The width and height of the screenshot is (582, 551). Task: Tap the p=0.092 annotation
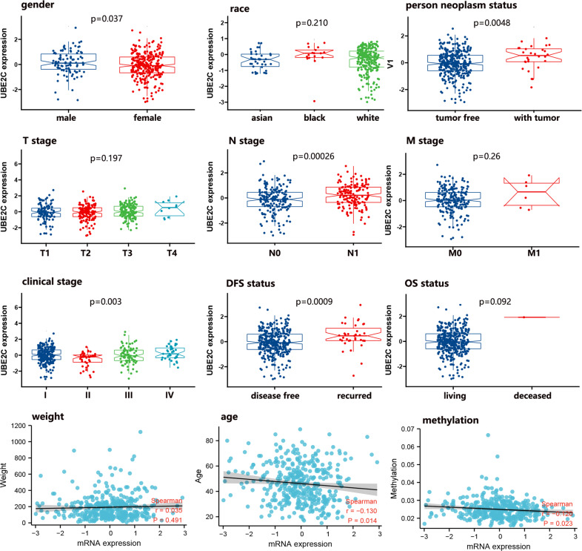coord(498,302)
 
